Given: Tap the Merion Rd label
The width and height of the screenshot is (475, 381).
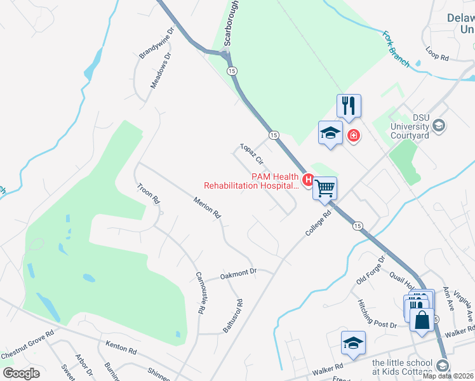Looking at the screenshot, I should [x=208, y=208].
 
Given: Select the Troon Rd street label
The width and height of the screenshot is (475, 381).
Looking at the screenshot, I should [x=149, y=193].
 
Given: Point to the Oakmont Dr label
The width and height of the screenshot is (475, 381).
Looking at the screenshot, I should [x=238, y=274].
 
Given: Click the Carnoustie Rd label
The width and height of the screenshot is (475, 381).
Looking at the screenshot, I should [x=201, y=293].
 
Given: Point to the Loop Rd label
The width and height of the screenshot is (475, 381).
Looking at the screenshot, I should [x=438, y=57].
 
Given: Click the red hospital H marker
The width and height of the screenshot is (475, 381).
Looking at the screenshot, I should [x=309, y=180].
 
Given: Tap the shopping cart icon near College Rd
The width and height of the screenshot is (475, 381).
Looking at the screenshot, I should [x=325, y=187].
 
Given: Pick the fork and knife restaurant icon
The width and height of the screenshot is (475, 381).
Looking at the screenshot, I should [x=349, y=105].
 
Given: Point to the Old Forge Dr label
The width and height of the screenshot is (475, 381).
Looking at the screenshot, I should [x=371, y=270].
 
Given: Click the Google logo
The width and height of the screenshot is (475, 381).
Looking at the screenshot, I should [x=21, y=373].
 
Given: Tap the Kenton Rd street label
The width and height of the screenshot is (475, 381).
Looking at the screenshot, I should [x=121, y=349].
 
